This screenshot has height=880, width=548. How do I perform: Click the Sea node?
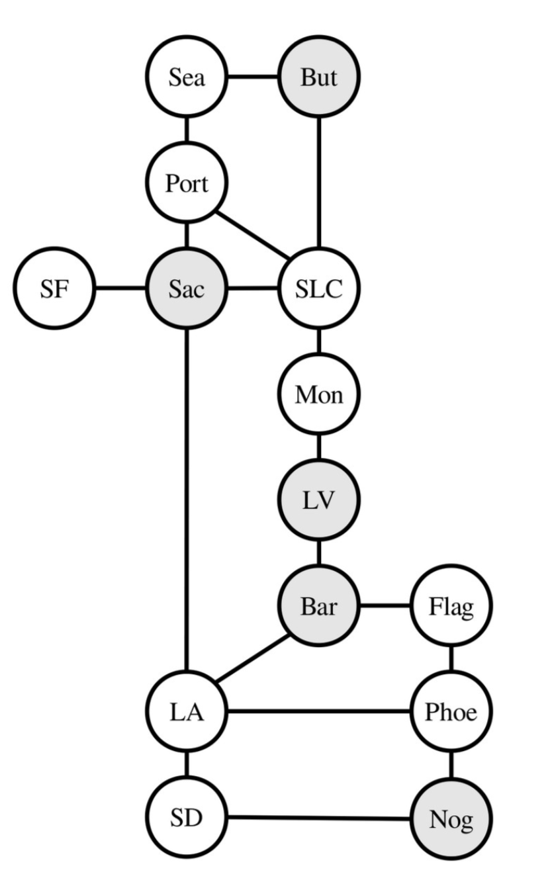187,77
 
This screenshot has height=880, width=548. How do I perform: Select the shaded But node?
319,77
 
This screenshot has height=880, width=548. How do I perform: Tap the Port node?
187,183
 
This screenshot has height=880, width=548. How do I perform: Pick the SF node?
54,288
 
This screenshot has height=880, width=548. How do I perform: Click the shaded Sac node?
187,288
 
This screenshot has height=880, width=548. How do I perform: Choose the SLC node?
319,288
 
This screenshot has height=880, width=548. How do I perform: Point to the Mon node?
319,395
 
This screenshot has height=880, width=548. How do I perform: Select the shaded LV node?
319,501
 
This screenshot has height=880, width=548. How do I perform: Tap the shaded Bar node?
319,606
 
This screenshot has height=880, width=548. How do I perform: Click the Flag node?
451,606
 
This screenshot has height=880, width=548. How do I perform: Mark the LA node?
187,712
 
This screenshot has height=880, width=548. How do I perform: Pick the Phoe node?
451,712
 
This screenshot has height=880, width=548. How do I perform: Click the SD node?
187,818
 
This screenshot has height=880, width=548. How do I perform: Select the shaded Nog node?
451,819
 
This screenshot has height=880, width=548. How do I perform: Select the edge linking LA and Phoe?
318,712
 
